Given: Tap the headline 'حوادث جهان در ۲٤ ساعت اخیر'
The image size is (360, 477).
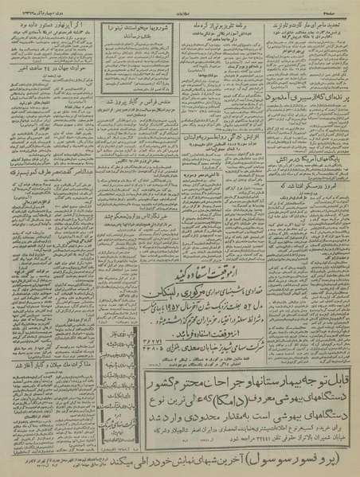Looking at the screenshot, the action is tap(45, 85).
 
